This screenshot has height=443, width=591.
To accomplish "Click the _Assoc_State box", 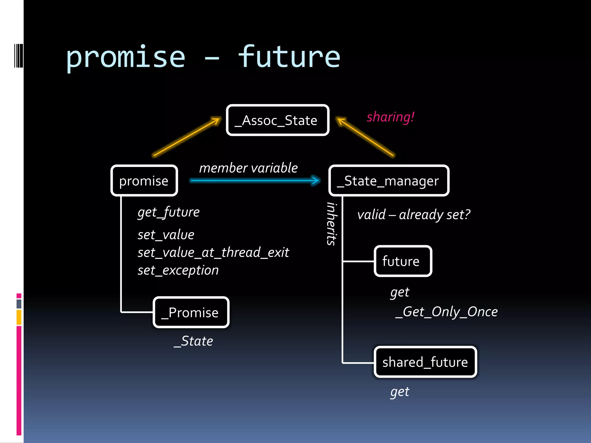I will [x=278, y=120].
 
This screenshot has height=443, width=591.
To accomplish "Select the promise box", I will [x=144, y=181].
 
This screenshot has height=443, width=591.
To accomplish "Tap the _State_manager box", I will [x=388, y=181].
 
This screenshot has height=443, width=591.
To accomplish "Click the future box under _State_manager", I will [x=403, y=261].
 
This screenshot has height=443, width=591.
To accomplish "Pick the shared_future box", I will [x=425, y=362].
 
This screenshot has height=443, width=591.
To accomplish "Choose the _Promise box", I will [x=191, y=312].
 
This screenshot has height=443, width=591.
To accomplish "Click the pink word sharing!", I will [x=390, y=117].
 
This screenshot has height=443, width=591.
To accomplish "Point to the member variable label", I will [x=248, y=168].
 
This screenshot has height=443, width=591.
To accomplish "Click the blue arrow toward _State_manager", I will [x=255, y=181].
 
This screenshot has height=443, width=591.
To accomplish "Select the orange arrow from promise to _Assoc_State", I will [x=186, y=137].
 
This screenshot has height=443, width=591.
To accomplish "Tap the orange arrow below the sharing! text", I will [x=365, y=137].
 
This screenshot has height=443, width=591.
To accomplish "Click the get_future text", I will [x=169, y=212].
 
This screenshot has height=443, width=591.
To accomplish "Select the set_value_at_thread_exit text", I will [x=213, y=253].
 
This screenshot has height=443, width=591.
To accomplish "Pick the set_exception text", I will [x=178, y=271].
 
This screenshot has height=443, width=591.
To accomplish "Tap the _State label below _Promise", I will [x=193, y=341].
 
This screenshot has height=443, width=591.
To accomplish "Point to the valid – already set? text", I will [x=413, y=215].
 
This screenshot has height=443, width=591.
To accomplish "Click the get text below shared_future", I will [x=400, y=392].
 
